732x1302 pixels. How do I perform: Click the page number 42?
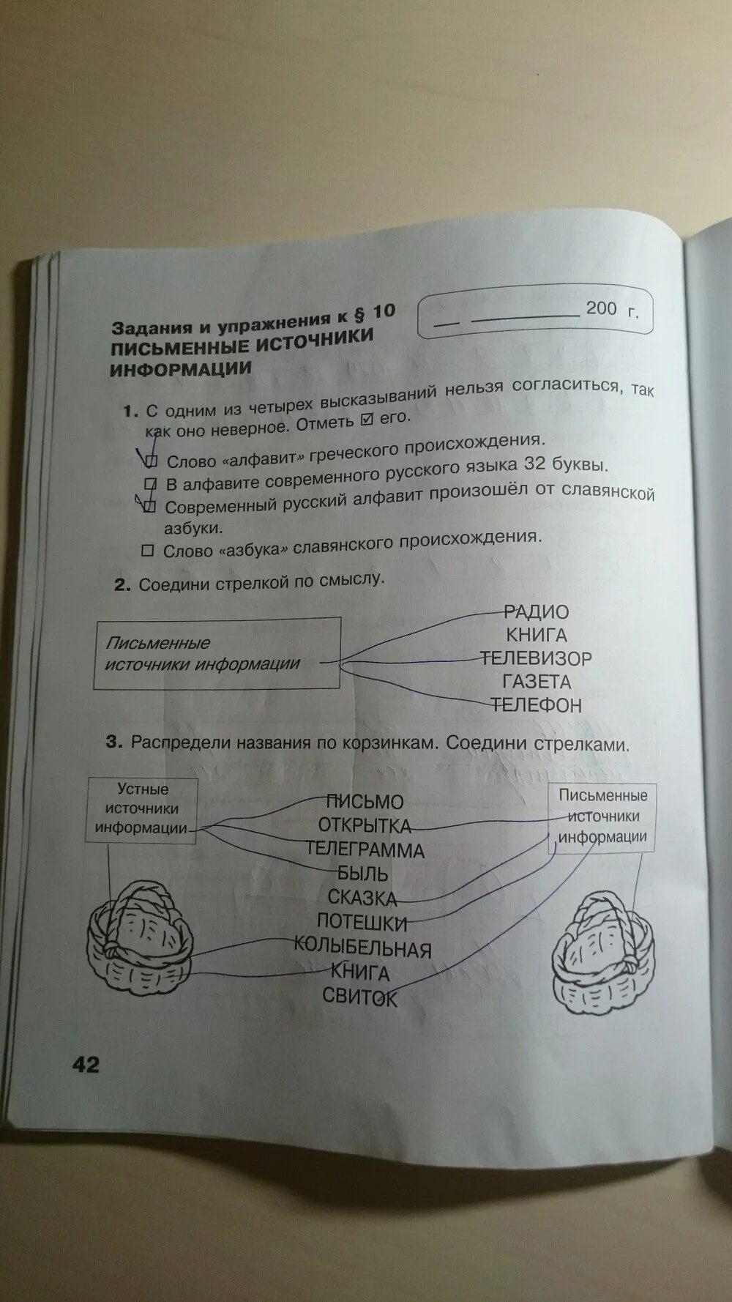[x=86, y=1063]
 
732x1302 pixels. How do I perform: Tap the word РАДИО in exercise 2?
[x=537, y=612]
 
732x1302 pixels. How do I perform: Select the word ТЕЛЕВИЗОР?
[x=536, y=658]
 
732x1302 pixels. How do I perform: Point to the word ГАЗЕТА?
[x=537, y=682]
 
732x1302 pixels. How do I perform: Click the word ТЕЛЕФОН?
[x=537, y=705]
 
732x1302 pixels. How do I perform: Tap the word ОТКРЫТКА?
[x=365, y=826]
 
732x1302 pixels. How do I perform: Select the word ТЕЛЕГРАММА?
[x=365, y=850]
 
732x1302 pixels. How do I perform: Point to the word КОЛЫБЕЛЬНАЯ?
[x=363, y=948]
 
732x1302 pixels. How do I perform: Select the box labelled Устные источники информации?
[x=142, y=809]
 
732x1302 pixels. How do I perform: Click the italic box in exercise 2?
[x=217, y=653]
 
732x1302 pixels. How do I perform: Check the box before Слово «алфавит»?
[x=152, y=461]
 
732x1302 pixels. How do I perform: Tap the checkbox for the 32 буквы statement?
[x=150, y=483]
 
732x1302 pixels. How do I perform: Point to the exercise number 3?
[x=113, y=742]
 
